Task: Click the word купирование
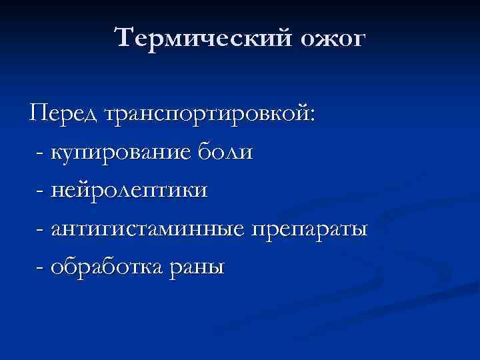coord(123,153)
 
